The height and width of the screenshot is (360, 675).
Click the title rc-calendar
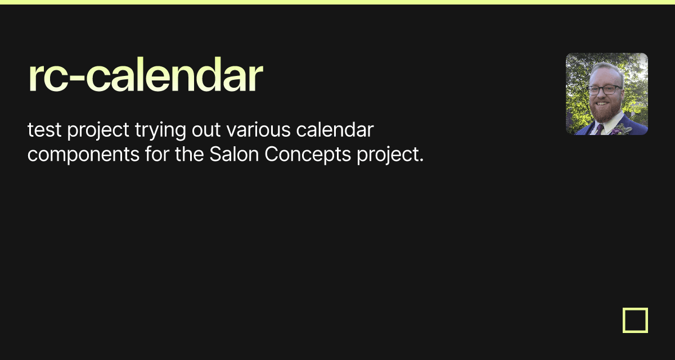click(145, 77)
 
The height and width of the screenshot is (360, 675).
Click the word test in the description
click(44, 130)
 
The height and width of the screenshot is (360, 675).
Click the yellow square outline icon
click(635, 320)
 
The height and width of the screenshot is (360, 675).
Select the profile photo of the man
click(606, 94)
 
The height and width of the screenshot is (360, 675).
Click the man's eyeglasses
click(604, 90)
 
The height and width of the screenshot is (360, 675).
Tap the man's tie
click(600, 128)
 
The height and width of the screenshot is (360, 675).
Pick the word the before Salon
click(189, 154)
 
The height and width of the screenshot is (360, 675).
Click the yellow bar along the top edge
click(337, 2)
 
